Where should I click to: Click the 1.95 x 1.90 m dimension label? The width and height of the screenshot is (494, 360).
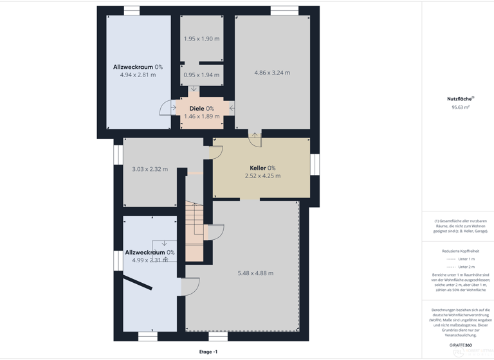tap(201, 39)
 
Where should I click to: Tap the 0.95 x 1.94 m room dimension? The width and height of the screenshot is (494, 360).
tap(201, 75)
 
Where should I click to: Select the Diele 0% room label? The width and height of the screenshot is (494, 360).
tap(201, 109)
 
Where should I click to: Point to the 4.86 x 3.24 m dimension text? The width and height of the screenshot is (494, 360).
tap(272, 73)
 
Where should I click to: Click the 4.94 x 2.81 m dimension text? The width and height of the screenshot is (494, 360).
tap(138, 75)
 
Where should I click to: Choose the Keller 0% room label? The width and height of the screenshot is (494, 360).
tap(262, 168)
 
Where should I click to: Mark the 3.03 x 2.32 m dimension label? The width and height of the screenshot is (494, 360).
tap(150, 169)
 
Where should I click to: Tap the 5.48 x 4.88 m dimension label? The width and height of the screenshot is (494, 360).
tap(255, 273)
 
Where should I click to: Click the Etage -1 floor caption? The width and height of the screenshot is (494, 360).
tap(208, 352)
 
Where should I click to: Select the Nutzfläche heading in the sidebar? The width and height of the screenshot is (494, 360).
tap(459, 99)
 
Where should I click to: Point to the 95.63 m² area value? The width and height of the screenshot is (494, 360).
tap(461, 107)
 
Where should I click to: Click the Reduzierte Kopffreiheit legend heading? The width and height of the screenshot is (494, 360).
tap(461, 251)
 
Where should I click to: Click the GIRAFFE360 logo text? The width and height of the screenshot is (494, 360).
tap(461, 345)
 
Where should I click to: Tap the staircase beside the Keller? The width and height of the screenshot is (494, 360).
tap(194, 231)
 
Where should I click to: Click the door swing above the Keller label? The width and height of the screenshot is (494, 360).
tap(255, 137)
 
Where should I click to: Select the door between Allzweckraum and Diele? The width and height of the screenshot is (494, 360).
tap(169, 108)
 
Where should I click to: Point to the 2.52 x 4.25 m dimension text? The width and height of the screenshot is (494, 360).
tap(262, 175)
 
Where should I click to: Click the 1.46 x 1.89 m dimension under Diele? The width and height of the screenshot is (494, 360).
tap(201, 116)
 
